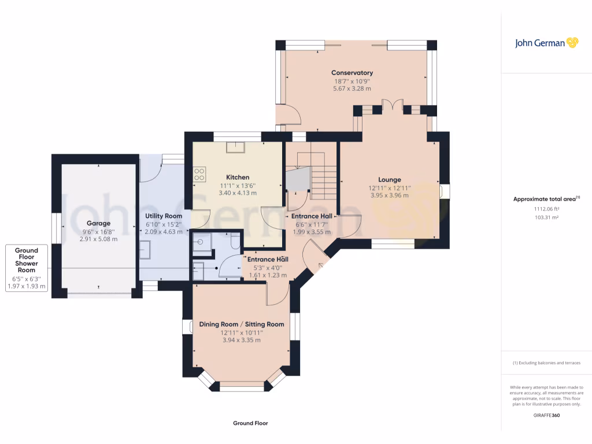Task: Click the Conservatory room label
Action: point(352,72)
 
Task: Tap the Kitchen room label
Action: point(238,177)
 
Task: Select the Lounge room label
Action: point(390,180)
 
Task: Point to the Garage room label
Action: point(98,224)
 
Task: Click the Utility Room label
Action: point(164,216)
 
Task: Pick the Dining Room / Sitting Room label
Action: point(242,324)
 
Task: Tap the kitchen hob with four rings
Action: point(199,175)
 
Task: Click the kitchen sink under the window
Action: point(235,147)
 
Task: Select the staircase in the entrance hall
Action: point(317,176)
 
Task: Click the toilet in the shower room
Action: point(235,241)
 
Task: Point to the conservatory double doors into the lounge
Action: point(393,105)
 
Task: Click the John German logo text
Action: point(540,43)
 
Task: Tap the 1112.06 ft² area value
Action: point(546,209)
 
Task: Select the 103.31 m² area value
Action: point(546,217)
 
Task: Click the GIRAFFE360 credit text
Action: point(546,415)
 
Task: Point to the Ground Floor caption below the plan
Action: point(250,423)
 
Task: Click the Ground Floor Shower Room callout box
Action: point(27,268)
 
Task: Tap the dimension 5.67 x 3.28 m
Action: point(352,88)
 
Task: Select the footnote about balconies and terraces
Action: point(546,363)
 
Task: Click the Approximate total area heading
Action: point(546,199)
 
